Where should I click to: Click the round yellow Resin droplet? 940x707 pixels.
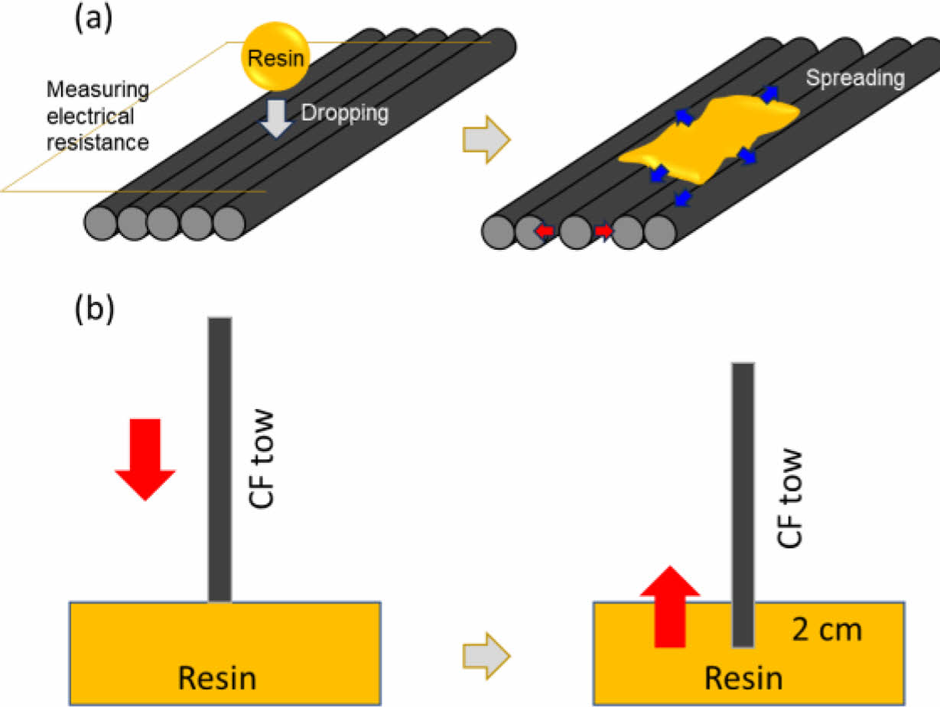pos(275,57)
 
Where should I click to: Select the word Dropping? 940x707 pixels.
pos(344,113)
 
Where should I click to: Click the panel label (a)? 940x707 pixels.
pos(93,19)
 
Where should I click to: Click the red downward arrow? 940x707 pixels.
pos(145,458)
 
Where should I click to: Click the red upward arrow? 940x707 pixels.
pos(670,608)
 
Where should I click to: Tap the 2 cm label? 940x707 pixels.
pos(827,631)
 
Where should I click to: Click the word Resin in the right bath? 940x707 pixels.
pos(743,677)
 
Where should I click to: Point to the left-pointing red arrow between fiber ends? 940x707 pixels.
pos(545,230)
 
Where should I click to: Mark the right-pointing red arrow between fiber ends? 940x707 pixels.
pos(603,230)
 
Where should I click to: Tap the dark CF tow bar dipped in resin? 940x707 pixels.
pos(743,504)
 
